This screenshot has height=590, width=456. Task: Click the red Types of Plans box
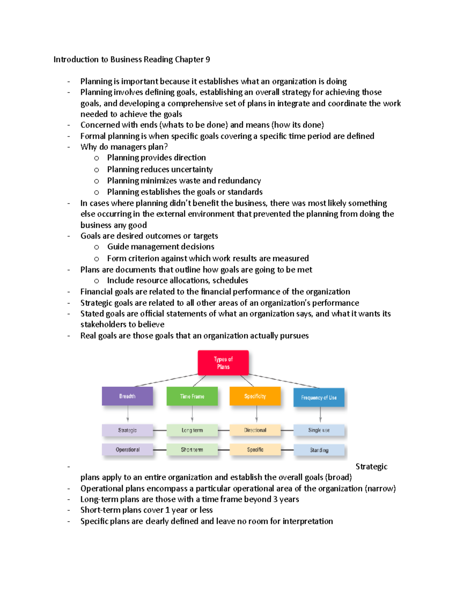click(223, 363)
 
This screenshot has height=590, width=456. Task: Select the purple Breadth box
click(127, 396)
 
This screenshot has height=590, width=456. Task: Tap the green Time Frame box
click(192, 396)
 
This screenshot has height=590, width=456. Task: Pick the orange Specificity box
click(255, 396)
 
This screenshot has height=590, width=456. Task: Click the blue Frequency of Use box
click(319, 397)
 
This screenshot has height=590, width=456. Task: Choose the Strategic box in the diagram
click(127, 430)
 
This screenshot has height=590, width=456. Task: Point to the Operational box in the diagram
click(127, 449)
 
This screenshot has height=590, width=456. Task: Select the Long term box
click(192, 430)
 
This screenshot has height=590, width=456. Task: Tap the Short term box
click(192, 449)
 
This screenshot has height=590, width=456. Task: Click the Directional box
click(255, 430)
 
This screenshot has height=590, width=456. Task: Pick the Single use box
click(319, 430)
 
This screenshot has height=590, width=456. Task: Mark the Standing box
click(319, 450)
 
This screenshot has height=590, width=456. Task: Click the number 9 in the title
click(208, 59)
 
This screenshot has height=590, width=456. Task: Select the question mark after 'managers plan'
click(166, 147)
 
